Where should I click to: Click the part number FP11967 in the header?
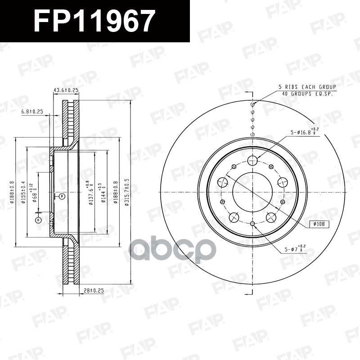coord(94,21)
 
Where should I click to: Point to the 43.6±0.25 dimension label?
coord(66,90)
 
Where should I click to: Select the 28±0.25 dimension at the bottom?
coord(93,291)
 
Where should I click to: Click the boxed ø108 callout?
coord(319,224)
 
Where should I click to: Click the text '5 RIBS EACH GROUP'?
coord(307,86)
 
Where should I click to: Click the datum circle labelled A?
coord(38,220)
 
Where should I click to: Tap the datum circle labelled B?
coord(62,196)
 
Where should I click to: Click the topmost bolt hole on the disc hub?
coord(252,160)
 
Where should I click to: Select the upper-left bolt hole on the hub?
coord(222,182)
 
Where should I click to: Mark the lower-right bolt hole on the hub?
coord(271,218)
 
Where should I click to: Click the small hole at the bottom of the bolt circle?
coord(252,224)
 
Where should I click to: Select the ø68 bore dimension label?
coord(34,194)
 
